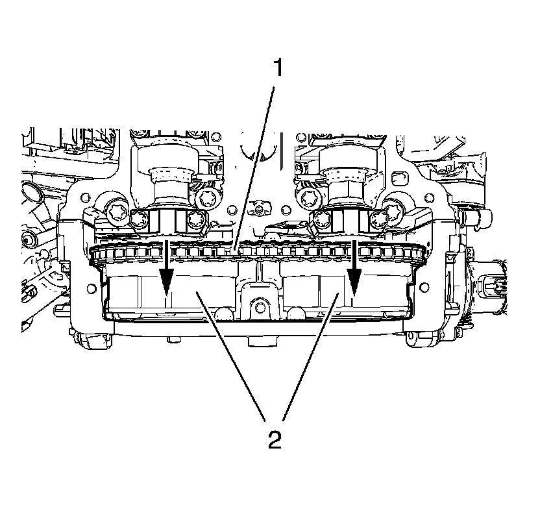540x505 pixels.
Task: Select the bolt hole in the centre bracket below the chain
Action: [258, 306]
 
